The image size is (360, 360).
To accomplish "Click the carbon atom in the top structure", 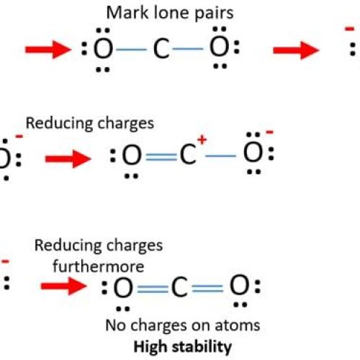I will (161, 50).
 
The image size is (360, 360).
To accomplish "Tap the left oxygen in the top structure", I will (104, 50).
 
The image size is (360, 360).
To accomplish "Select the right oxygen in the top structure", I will (219, 50).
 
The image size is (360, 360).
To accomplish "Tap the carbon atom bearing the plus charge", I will (188, 153).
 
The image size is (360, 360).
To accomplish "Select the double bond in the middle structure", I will (160, 154).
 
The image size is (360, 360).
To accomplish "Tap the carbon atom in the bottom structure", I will (180, 289).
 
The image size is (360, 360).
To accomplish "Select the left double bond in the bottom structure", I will (152, 289).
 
